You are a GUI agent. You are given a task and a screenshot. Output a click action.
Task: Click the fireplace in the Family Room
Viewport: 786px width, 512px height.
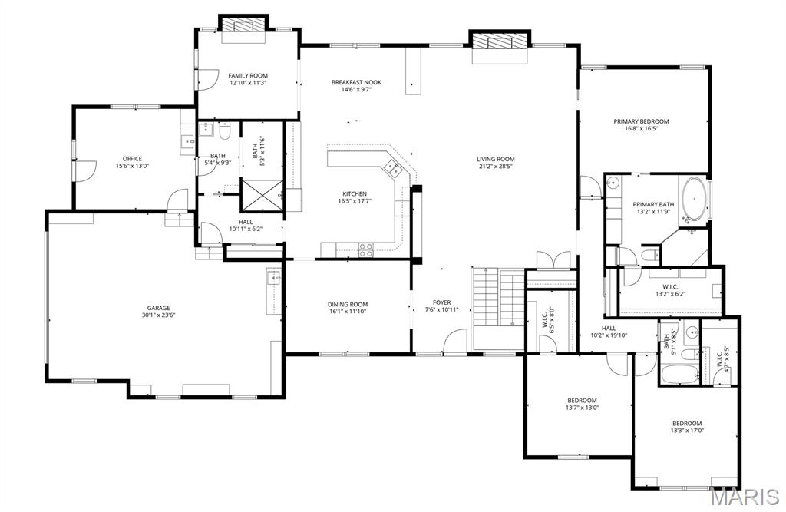[243, 26]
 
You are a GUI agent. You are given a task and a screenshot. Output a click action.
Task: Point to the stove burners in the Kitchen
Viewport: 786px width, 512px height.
[366, 249]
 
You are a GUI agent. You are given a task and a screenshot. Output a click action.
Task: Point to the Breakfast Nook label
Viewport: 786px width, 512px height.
[356, 82]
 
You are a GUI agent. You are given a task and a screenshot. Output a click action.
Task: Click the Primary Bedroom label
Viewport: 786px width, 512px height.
[641, 121]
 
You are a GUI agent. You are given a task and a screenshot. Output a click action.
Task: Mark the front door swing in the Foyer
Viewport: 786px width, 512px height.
[456, 341]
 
